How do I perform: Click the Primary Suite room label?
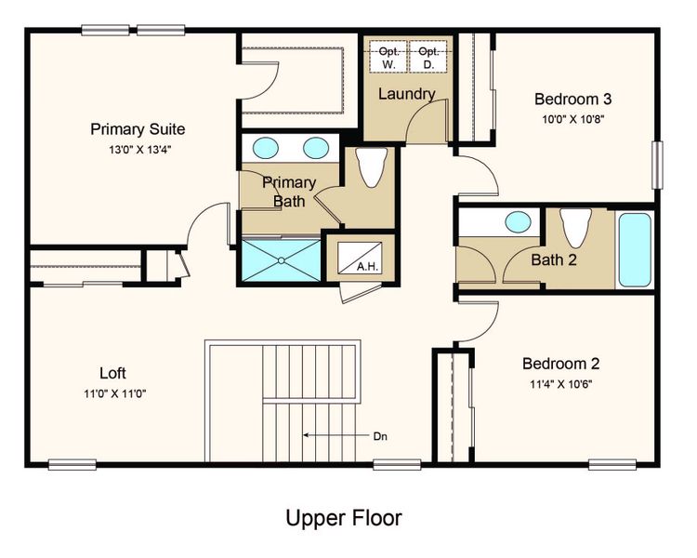pos(138,129)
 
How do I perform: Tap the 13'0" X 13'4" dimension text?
pos(138,149)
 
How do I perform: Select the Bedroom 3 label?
pos(572,100)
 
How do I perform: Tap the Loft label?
pos(112,374)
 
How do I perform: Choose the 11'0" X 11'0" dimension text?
pos(112,393)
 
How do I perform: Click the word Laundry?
pos(407,94)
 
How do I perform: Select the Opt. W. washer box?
pos(388,58)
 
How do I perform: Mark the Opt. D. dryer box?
pos(427,58)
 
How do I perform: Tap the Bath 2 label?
pos(554,259)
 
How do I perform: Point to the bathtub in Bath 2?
pos(636,251)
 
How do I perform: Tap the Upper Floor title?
pos(344,517)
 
